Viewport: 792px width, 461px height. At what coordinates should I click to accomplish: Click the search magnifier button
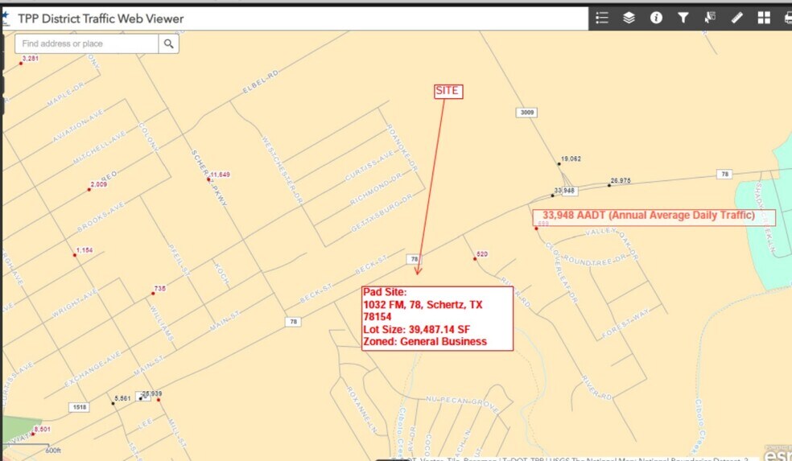[x=168, y=43]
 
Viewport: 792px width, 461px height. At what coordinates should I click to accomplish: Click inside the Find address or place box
[x=85, y=43]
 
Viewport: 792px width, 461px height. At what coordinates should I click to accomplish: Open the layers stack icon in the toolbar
[x=629, y=18]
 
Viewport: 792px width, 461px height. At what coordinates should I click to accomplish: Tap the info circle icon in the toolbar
[x=656, y=18]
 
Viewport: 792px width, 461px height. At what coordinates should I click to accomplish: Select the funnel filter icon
[x=683, y=18]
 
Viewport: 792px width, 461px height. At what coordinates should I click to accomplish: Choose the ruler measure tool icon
[x=737, y=18]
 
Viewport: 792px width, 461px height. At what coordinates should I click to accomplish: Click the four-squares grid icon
[x=764, y=18]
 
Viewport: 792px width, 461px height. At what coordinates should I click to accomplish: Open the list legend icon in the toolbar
[x=601, y=18]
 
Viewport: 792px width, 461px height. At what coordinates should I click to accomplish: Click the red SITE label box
[x=448, y=91]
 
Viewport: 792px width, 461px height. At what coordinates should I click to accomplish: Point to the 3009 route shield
[x=526, y=113]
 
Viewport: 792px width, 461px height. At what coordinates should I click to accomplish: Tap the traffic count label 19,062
[x=571, y=159]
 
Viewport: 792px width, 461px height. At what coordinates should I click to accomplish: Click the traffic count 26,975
[x=621, y=181]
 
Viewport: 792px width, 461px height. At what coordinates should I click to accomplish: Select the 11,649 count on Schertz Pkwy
[x=221, y=175]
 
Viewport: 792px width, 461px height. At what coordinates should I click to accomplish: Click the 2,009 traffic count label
[x=98, y=185]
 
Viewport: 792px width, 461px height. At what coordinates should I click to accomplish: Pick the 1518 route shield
[x=80, y=407]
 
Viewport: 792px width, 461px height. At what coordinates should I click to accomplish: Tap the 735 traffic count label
[x=159, y=288]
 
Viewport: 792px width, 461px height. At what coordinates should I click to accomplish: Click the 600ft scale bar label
[x=53, y=450]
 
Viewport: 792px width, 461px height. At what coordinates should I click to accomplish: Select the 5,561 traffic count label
[x=122, y=398]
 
